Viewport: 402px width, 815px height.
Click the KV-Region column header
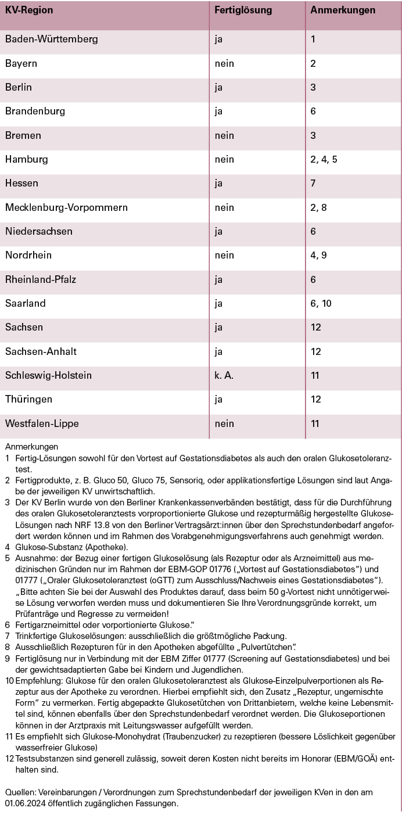coord(29,10)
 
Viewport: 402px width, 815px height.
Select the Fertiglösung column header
coord(243,10)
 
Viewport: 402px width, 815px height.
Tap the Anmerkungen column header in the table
coord(343,10)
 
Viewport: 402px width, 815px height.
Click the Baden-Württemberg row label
coord(52,40)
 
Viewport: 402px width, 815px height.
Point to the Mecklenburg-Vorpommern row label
coord(66,207)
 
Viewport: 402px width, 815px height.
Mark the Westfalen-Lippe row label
coord(42,423)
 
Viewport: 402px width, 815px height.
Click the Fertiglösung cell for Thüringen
coord(218,399)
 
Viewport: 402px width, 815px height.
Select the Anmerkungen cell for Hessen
coord(313,184)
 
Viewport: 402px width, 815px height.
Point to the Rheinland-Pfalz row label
coord(41,279)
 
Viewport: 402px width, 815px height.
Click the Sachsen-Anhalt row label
coord(41,351)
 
